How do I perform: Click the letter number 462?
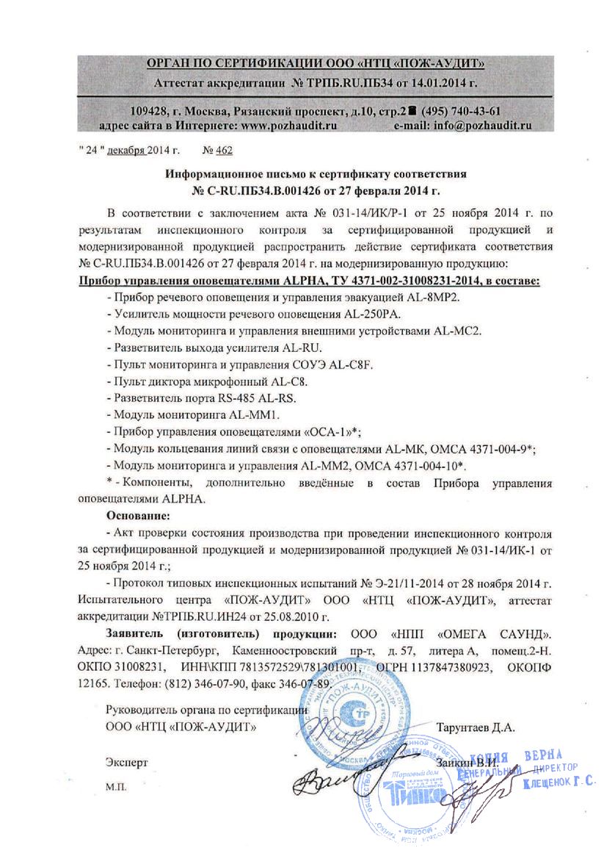224,150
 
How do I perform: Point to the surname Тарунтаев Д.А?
476,729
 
